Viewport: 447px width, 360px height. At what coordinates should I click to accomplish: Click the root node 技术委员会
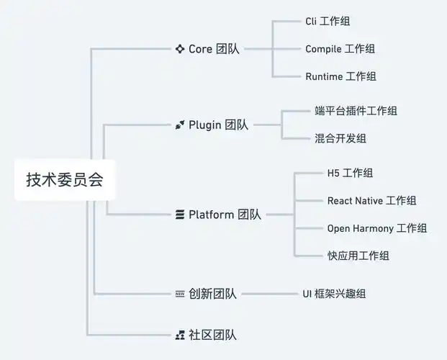tap(65, 180)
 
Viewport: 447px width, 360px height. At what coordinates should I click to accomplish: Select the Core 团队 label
tap(214, 49)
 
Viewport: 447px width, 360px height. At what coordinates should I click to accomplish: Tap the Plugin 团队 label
tap(218, 125)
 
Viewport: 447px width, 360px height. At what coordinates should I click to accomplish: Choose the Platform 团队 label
tap(225, 215)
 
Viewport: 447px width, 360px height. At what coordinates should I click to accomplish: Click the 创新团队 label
tap(212, 294)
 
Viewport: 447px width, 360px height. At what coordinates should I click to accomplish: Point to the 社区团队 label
tap(212, 335)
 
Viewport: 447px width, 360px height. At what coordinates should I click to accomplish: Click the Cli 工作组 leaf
tap(328, 22)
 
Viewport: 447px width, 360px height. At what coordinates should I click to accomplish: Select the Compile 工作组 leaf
tap(340, 49)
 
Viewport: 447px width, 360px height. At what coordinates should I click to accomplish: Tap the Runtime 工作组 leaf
tap(340, 76)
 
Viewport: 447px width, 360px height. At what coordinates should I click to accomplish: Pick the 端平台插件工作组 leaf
tap(356, 111)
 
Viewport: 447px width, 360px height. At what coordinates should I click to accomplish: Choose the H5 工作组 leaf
tap(350, 174)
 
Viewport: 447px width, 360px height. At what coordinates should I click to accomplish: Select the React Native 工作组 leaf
tap(371, 201)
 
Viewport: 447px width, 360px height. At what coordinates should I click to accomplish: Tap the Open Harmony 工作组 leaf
tap(376, 228)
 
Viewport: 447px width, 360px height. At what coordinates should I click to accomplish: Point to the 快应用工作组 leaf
tap(358, 256)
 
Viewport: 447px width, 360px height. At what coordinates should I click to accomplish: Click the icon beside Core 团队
tap(180, 49)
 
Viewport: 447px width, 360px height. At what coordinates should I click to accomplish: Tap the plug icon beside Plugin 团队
tap(180, 125)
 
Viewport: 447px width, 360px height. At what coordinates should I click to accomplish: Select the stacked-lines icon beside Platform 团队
tap(180, 215)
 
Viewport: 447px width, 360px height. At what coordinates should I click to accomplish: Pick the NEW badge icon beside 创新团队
tap(180, 294)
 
